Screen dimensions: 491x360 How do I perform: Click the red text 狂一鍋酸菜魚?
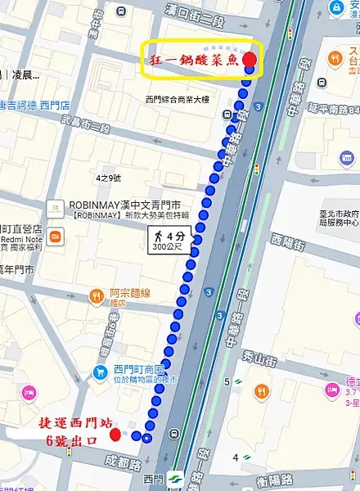194,61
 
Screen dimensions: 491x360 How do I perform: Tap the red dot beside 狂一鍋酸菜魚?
250,60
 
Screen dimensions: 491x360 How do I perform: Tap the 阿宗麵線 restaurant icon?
96,295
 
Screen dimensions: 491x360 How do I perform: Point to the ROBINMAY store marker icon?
53,207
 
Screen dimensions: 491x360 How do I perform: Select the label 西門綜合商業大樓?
178,100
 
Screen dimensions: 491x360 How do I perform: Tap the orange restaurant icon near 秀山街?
262,391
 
